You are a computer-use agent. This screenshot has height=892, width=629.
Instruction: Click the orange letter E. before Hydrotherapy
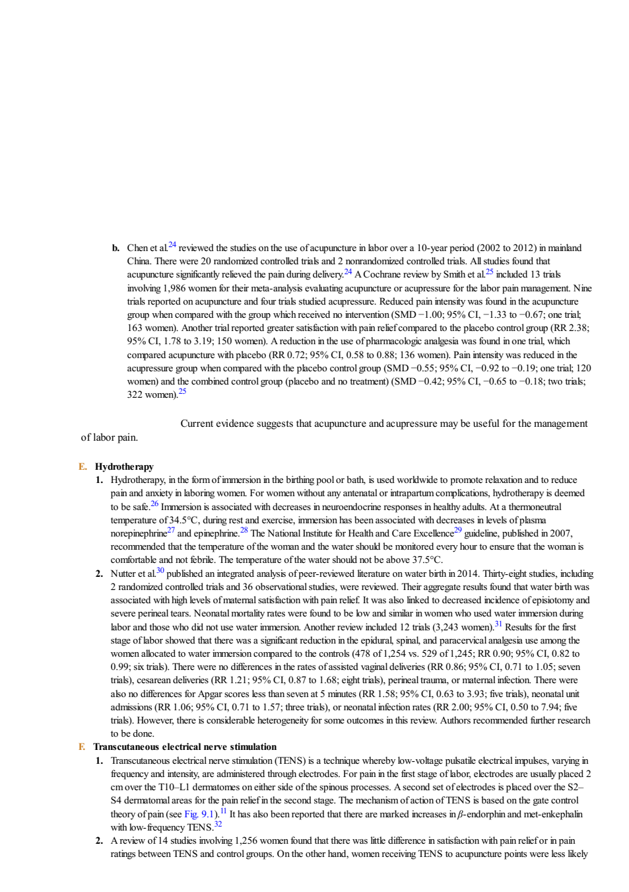(x=83, y=466)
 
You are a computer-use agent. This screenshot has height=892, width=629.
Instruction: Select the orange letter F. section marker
(x=82, y=747)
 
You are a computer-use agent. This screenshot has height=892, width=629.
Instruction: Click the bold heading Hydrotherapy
(x=124, y=466)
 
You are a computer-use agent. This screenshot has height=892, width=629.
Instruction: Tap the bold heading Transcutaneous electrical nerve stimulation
(x=185, y=747)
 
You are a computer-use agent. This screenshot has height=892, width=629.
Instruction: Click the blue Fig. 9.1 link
(x=199, y=814)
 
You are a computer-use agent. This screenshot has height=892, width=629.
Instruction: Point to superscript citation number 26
(x=154, y=503)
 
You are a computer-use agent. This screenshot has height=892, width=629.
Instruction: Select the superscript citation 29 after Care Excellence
(x=458, y=531)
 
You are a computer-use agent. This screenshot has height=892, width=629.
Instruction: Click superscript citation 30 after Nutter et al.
(x=160, y=571)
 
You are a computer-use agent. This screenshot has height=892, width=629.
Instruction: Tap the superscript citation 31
(x=498, y=624)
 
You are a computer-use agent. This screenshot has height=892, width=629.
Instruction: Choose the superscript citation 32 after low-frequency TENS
(x=218, y=825)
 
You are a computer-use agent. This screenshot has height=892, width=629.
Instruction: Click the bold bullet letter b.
(x=116, y=248)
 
